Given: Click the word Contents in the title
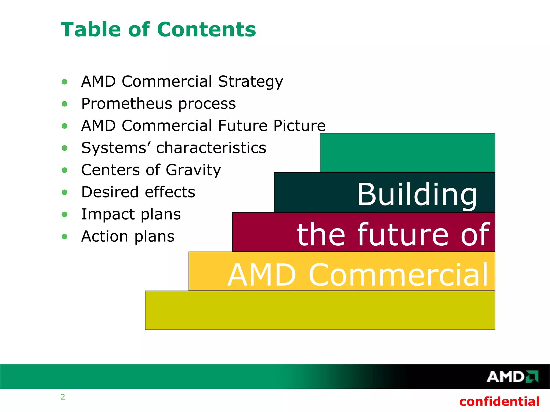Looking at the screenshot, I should (x=206, y=30).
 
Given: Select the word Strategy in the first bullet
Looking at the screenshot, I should (x=250, y=82).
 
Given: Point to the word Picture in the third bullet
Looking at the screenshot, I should (x=299, y=126).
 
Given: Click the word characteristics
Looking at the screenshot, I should (x=211, y=148).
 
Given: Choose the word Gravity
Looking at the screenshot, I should (x=193, y=170).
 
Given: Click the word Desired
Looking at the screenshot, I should (x=110, y=192).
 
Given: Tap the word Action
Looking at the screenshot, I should (x=105, y=237).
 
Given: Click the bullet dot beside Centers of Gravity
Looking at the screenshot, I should (x=64, y=170).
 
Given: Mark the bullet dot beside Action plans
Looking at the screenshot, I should (x=64, y=237).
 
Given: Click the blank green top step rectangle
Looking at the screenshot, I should (x=407, y=152).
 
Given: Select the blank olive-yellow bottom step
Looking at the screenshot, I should (x=320, y=310).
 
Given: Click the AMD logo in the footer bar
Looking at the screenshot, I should (x=512, y=377).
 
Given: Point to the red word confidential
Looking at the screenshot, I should (x=499, y=402).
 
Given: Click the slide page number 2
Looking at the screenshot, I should (x=63, y=397).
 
